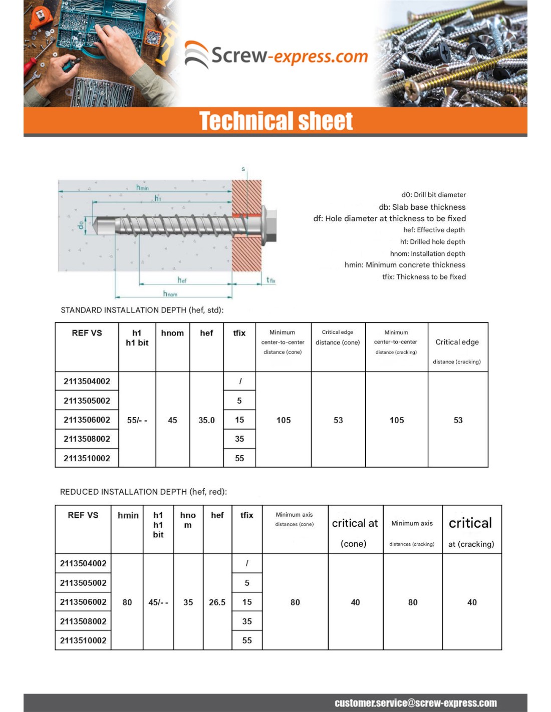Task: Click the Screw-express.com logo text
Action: [x=289, y=56]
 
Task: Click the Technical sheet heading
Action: [x=276, y=121]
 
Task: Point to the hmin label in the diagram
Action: [x=142, y=187]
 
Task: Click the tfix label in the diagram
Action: [x=270, y=280]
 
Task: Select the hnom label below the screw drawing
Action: [x=170, y=293]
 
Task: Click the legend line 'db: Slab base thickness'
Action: [x=422, y=207]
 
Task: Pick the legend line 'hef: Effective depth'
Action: [x=434, y=230]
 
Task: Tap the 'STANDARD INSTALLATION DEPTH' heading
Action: [x=142, y=310]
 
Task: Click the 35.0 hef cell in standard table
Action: [x=206, y=420]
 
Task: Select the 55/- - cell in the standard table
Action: [x=137, y=420]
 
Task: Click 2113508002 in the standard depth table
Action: [x=87, y=439]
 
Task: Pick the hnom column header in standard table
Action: [x=172, y=333]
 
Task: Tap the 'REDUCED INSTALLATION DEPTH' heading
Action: [x=143, y=492]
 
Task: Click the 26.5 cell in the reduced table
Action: [x=217, y=602]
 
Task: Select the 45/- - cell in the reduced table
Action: [x=158, y=602]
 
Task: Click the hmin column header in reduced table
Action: [x=128, y=515]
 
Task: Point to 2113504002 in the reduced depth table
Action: [x=83, y=563]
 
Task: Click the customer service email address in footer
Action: [x=415, y=703]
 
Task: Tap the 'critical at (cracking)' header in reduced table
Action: [x=471, y=532]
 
